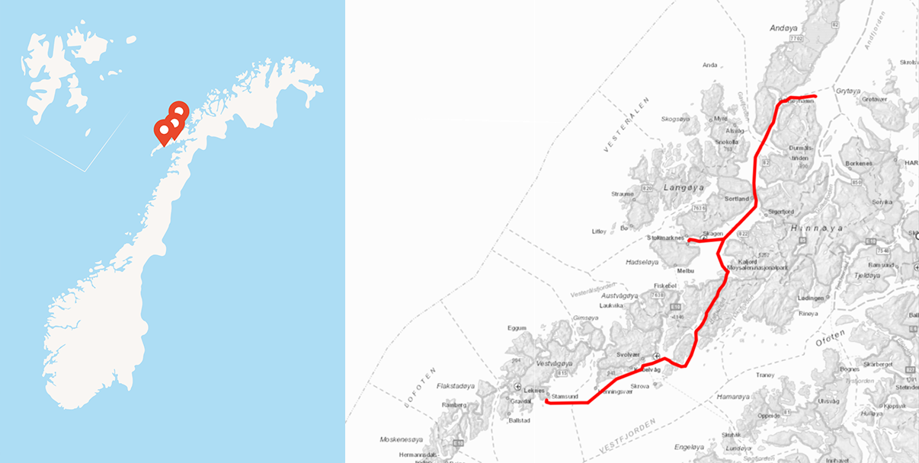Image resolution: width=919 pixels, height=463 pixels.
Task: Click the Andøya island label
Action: [783, 28]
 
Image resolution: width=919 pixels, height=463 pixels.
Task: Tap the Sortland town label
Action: [737, 199]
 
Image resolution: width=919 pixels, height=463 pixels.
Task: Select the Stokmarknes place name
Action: [662, 238]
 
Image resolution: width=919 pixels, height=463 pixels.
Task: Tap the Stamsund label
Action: [564, 397]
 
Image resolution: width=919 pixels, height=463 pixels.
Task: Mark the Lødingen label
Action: [811, 298]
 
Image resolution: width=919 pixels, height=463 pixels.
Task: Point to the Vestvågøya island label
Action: [554, 363]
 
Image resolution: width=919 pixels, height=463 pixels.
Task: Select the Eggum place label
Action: [517, 328]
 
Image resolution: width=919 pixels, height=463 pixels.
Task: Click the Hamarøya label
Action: [734, 397]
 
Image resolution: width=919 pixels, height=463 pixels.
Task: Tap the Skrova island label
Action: [641, 386]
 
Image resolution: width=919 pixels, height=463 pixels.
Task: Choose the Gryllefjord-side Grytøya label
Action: [847, 89]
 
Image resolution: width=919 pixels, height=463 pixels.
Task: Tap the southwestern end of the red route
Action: [546, 401]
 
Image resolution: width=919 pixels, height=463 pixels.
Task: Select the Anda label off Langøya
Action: [709, 65]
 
